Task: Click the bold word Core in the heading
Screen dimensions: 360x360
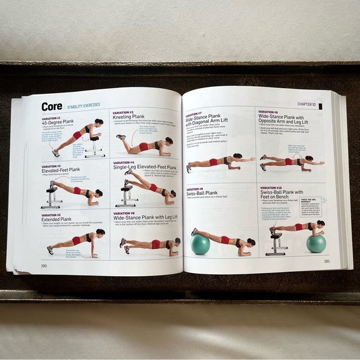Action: click(52, 107)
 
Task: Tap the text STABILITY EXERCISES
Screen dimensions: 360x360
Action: click(83, 106)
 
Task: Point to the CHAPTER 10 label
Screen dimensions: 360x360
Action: click(305, 105)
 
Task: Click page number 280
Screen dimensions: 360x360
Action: click(44, 265)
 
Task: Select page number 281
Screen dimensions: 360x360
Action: click(326, 261)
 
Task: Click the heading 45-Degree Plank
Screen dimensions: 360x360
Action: click(59, 122)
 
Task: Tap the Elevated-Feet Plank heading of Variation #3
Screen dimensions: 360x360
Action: click(61, 169)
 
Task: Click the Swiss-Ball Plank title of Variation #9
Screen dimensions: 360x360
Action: click(200, 193)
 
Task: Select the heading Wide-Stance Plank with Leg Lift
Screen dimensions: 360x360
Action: click(145, 217)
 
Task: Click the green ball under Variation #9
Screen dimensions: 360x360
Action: click(200, 245)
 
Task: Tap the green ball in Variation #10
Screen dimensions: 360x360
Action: click(316, 243)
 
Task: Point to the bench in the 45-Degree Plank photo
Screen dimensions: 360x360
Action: click(94, 147)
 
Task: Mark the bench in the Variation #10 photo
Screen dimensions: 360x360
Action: click(277, 243)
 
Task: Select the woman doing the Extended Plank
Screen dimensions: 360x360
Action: click(78, 240)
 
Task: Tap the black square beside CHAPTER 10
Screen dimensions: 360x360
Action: click(320, 106)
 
